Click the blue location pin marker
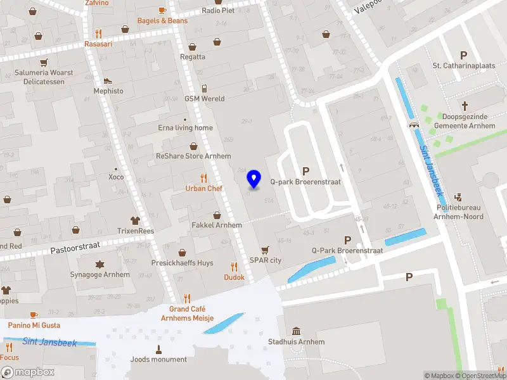coord(254,179)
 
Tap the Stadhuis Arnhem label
coord(296,342)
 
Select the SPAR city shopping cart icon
coord(265,250)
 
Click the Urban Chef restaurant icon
coord(203,178)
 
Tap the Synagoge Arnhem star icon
coord(99,264)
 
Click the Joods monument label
coord(158,360)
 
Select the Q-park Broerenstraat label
coord(305,182)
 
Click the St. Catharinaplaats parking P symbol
coord(463,55)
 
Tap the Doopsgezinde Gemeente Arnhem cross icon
coord(465,106)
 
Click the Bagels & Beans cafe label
coord(163,21)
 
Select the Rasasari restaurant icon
coord(98,34)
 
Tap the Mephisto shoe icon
coord(108,80)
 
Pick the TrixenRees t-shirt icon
coord(135,220)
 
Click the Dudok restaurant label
coord(234,277)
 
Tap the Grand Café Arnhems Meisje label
coord(187,313)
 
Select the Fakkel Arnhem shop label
coord(217,225)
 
